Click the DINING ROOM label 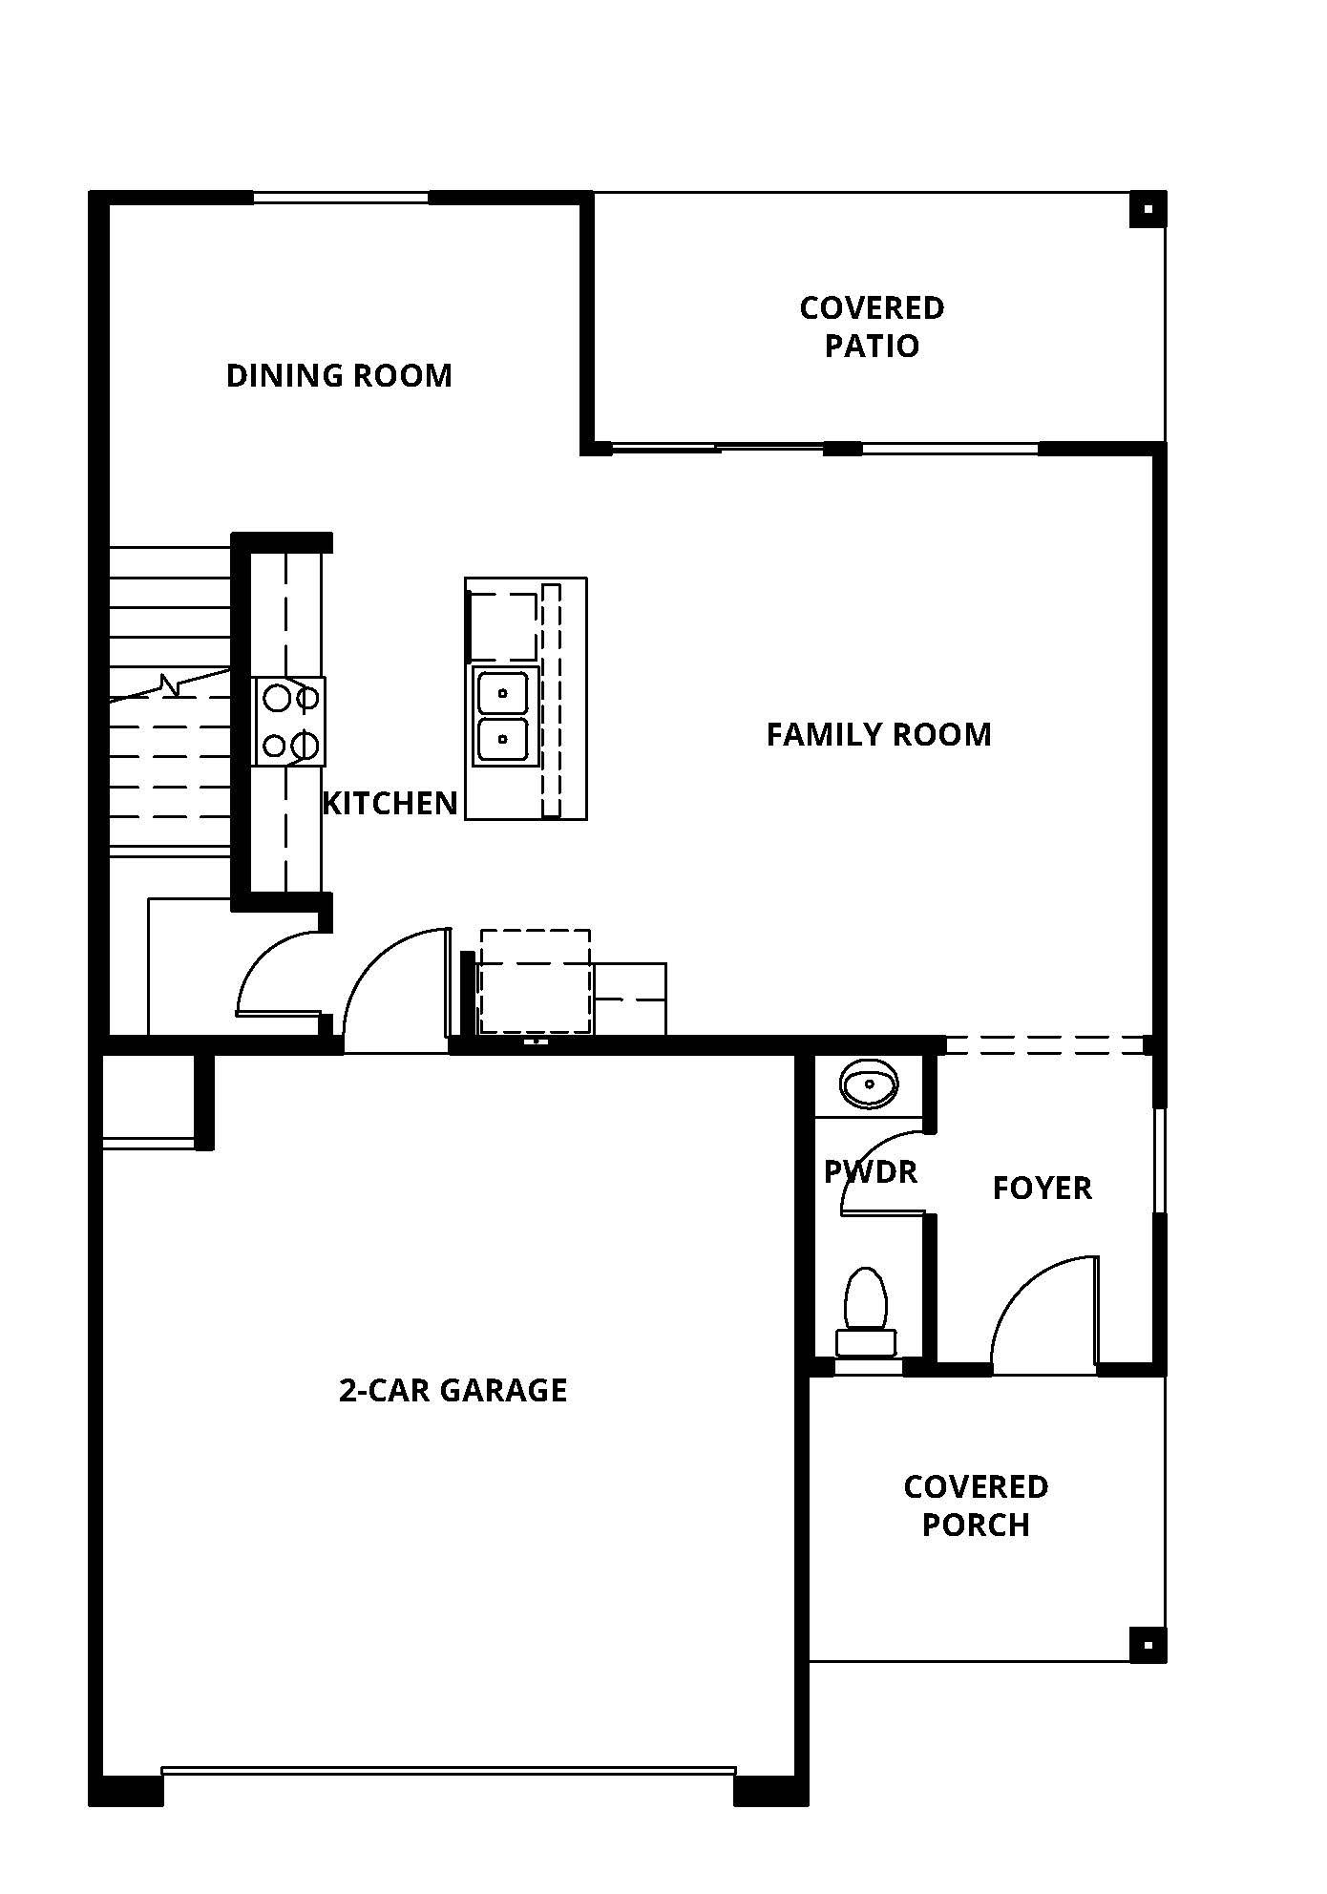pos(339,375)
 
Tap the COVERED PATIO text pos(872,326)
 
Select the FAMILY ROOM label pos(878,734)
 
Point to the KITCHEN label pos(390,803)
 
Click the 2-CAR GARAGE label pos(453,1389)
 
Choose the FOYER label pos(1042,1188)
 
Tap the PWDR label pos(870,1171)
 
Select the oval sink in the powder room pos(868,1084)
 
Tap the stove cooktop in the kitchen pos(289,721)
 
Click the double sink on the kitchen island pos(503,716)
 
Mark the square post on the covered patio pos(1148,209)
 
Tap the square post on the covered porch pos(1148,1644)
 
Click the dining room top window pos(340,198)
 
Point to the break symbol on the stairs pos(170,685)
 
